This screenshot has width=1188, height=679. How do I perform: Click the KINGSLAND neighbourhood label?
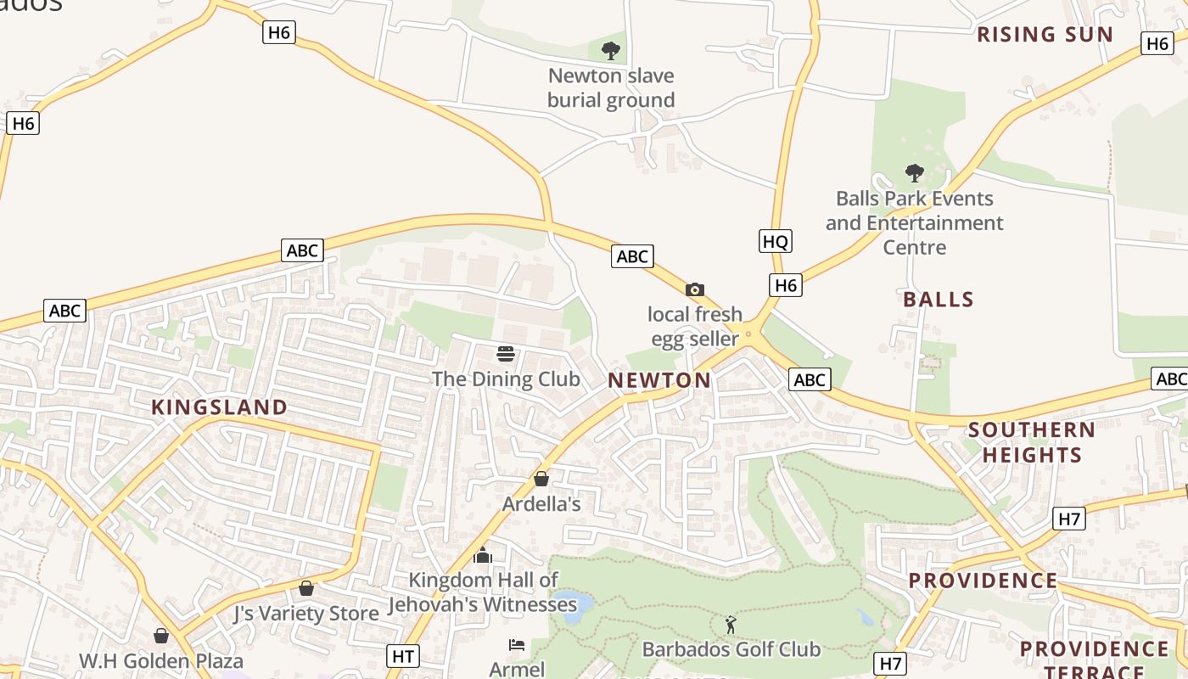point(220,407)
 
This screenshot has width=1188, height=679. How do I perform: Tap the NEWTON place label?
point(659,381)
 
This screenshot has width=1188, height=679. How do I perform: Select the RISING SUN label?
point(1045,35)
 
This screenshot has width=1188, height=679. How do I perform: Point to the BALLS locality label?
point(939,300)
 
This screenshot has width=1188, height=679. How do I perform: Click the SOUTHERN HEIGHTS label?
point(1032,442)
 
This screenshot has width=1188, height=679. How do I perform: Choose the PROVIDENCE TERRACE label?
point(1094,660)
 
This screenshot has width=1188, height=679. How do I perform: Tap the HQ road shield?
point(775,242)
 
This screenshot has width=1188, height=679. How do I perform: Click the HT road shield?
point(403,656)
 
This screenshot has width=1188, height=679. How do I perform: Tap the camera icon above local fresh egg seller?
point(694,290)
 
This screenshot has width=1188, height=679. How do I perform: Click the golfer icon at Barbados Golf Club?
point(731,626)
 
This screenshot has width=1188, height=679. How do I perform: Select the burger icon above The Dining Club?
point(506,354)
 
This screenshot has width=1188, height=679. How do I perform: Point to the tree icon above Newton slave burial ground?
point(610,51)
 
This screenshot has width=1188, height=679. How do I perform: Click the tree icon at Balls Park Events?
point(914,174)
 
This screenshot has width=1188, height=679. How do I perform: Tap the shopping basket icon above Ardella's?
point(541,480)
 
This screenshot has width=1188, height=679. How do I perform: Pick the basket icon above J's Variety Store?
point(306,588)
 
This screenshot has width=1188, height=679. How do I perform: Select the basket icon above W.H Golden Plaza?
point(161,636)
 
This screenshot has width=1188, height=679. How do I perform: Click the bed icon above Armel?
point(517,645)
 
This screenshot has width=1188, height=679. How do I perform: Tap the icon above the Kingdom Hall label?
point(483,556)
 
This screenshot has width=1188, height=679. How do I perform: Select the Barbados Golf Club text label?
point(731,650)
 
